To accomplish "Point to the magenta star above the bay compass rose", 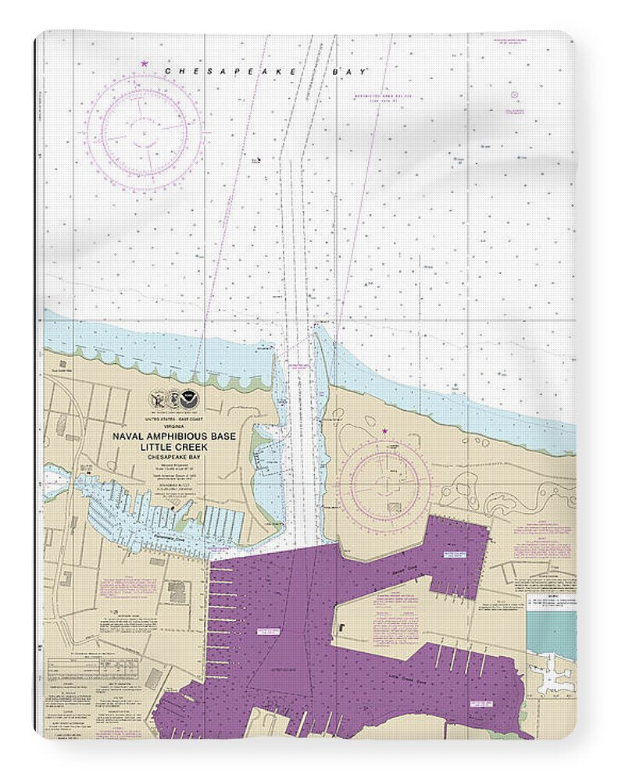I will click(x=144, y=63).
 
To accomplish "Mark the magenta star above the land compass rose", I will click(x=384, y=430).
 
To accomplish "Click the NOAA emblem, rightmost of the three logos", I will click(x=190, y=401).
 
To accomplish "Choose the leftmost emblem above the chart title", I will click(x=157, y=401).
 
